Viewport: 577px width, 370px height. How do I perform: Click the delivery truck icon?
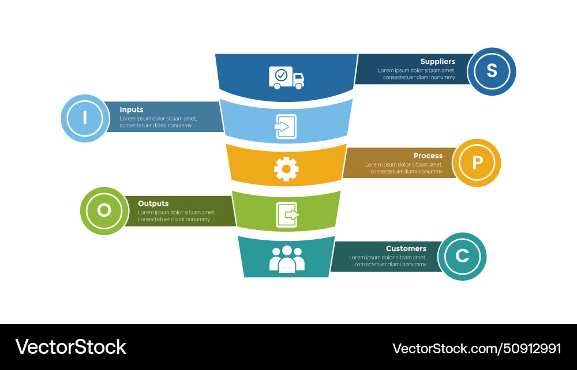click(286, 78)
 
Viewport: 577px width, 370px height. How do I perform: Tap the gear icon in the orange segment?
click(286, 169)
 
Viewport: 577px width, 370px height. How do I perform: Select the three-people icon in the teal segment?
click(287, 259)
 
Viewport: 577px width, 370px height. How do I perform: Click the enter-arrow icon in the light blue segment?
click(286, 126)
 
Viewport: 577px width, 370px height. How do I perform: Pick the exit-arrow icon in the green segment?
click(287, 215)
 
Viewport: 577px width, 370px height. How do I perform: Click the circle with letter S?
click(492, 71)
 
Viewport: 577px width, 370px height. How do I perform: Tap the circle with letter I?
click(85, 118)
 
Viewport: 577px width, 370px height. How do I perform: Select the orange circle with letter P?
click(477, 163)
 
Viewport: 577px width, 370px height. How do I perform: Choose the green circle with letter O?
click(104, 210)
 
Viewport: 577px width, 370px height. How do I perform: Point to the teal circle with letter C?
click(462, 256)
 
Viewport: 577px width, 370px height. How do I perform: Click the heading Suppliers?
click(437, 62)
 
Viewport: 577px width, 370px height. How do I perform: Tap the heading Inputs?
click(132, 110)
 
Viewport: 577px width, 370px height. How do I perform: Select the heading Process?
click(428, 156)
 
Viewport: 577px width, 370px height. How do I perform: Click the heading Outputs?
click(153, 203)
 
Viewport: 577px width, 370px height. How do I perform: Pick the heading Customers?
click(406, 248)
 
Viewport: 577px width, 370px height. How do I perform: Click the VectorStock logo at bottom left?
click(70, 347)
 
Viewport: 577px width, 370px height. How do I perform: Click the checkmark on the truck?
click(281, 74)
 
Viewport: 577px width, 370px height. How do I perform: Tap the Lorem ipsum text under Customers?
click(388, 260)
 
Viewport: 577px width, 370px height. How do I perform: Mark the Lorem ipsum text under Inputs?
click(158, 122)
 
